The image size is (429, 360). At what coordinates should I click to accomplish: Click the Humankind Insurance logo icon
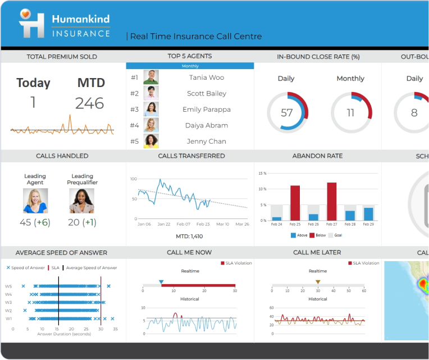coord(31,24)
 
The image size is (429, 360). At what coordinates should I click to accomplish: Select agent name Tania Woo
coord(206,78)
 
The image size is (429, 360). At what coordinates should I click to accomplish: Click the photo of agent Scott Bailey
coord(151,93)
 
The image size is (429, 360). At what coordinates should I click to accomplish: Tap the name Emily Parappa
coord(206,110)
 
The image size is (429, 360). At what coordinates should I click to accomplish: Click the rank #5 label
coord(134,142)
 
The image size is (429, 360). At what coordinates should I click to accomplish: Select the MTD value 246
coord(90,103)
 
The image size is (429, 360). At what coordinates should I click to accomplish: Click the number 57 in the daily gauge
coord(287,113)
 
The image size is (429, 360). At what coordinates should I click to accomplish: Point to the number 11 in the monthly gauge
coord(350,113)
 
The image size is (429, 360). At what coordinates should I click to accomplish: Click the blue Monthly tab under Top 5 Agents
coord(190,66)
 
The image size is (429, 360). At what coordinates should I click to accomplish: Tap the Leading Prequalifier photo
coord(82,201)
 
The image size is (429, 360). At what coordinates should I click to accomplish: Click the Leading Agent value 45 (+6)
coord(35,222)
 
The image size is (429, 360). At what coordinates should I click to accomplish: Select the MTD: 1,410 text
coord(190,236)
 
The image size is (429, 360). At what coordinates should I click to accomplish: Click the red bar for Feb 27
coord(332,201)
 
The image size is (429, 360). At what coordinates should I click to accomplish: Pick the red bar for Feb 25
coord(295,203)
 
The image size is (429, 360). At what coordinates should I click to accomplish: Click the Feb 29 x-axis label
coord(368,224)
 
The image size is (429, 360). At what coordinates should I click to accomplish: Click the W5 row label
coord(8,286)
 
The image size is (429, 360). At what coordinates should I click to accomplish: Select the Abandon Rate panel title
coord(317,156)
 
